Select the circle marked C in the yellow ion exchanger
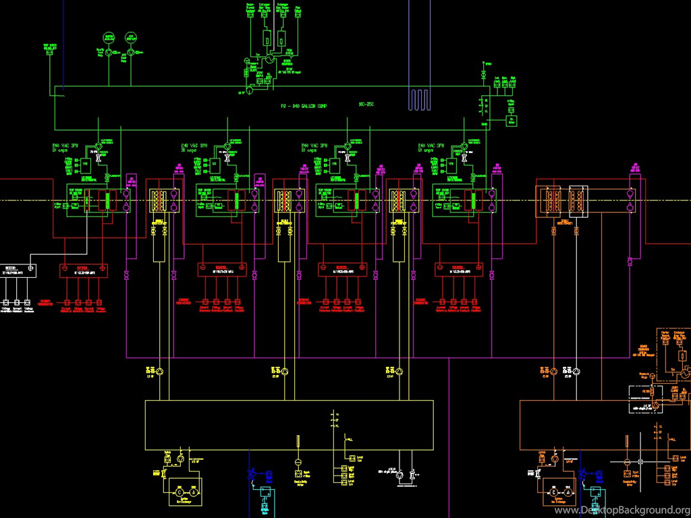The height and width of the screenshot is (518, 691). (x=179, y=492)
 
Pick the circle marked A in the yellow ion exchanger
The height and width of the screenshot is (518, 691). (x=194, y=492)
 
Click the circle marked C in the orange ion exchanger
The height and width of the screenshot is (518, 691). (x=555, y=492)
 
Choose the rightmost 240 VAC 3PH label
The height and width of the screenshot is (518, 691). (x=431, y=146)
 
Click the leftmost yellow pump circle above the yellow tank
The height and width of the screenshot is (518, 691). (x=161, y=372)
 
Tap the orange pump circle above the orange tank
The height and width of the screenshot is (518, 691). (x=553, y=372)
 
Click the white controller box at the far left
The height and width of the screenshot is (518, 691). (x=18, y=269)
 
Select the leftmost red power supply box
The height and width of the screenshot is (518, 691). (x=84, y=269)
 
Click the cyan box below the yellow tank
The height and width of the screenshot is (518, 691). (x=265, y=492)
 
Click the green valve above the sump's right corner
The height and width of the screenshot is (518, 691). (x=483, y=73)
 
